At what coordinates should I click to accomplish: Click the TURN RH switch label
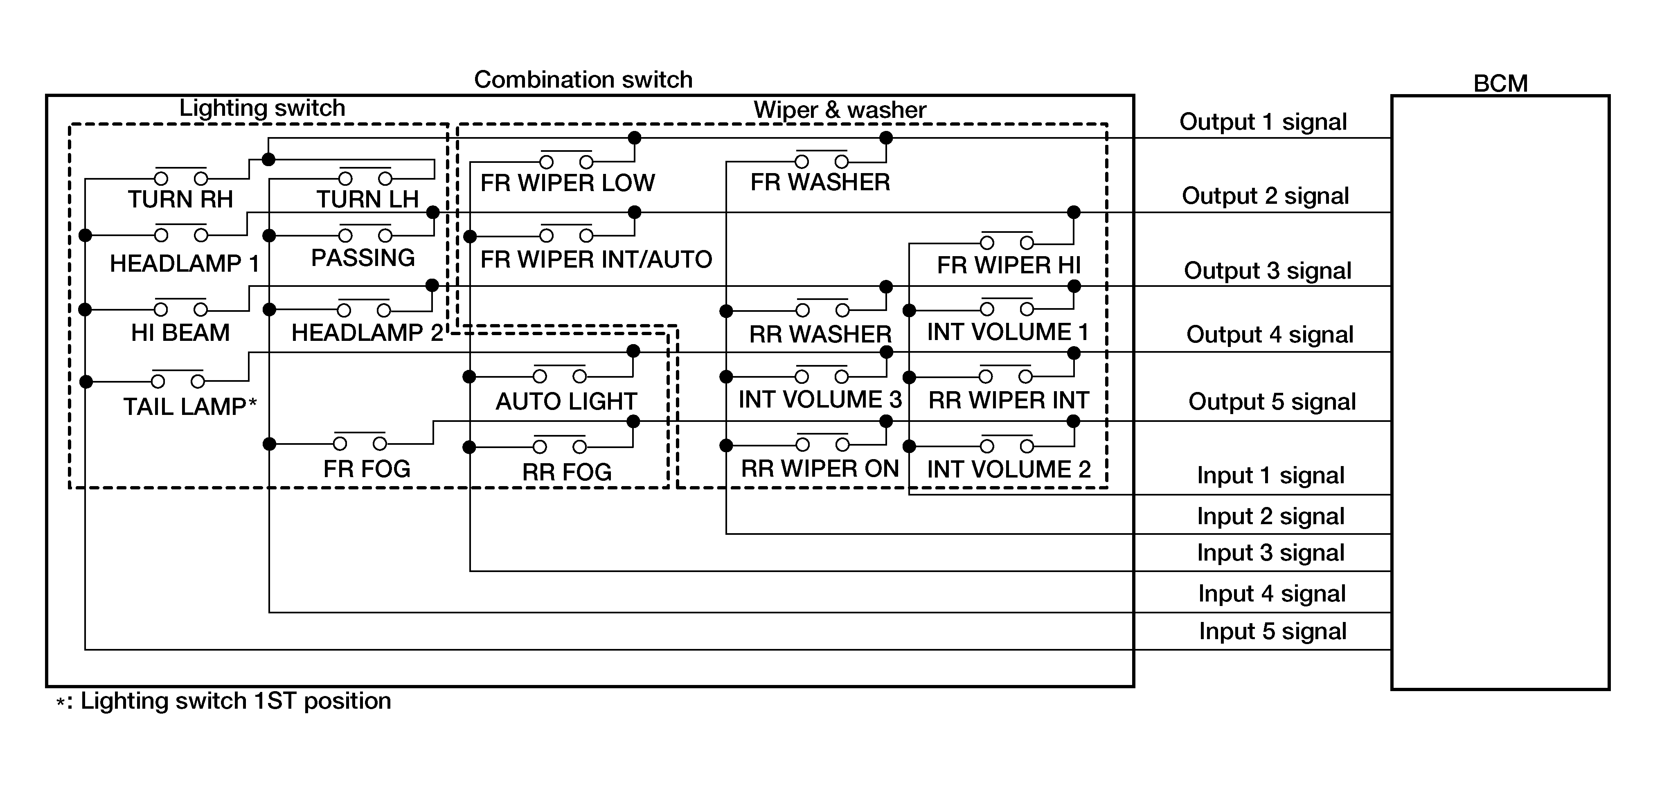tap(180, 200)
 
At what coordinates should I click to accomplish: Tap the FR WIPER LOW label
tap(567, 183)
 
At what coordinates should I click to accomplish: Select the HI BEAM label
tap(180, 333)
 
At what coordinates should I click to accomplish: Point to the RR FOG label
tap(567, 472)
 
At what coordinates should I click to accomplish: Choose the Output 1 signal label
tap(1263, 122)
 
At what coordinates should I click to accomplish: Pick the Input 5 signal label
tap(1272, 631)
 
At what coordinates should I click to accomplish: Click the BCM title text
tap(1500, 83)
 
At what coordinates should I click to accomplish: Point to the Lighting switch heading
tap(262, 108)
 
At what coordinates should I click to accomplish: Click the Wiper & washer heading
tap(839, 110)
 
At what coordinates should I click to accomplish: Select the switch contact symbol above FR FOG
tap(360, 442)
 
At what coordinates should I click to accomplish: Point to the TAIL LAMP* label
tap(190, 407)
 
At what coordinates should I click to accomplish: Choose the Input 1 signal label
tap(1270, 475)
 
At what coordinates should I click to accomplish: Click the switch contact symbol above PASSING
tap(365, 234)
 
